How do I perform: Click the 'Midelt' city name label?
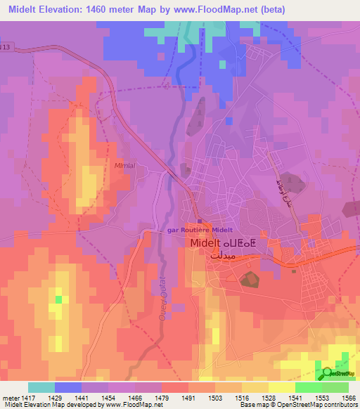click(x=209, y=243)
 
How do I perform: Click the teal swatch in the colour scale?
click(x=41, y=387)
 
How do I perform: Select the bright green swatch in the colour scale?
click(x=309, y=387)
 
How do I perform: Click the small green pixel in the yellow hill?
click(x=58, y=300)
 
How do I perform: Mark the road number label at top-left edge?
click(x=6, y=47)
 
